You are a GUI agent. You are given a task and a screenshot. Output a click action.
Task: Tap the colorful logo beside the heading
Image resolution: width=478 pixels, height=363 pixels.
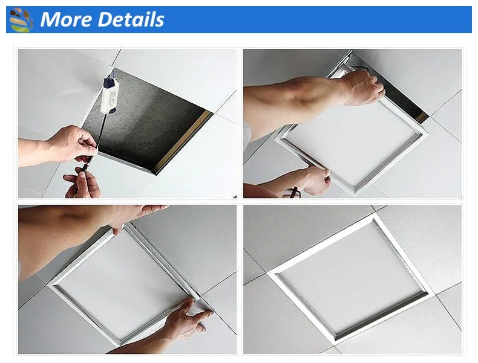tap(21, 20)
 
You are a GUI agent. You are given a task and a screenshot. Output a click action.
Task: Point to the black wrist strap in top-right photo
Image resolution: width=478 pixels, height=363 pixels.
tap(295, 193)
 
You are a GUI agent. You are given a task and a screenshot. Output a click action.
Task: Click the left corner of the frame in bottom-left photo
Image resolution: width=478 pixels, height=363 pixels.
tap(54, 284)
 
